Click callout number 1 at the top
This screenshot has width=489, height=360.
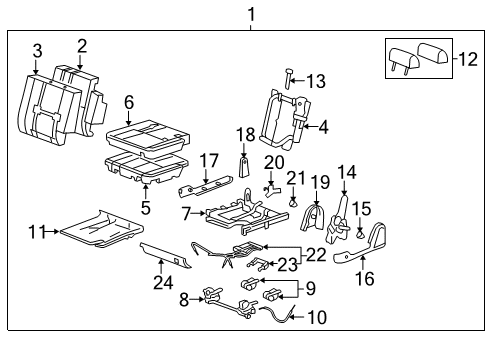click(x=250, y=14)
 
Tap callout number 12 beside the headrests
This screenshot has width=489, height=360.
click(x=466, y=60)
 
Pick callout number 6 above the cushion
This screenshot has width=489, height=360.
click(x=129, y=102)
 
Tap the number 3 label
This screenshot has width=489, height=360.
click(x=37, y=50)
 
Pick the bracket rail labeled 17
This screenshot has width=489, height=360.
click(x=205, y=186)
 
